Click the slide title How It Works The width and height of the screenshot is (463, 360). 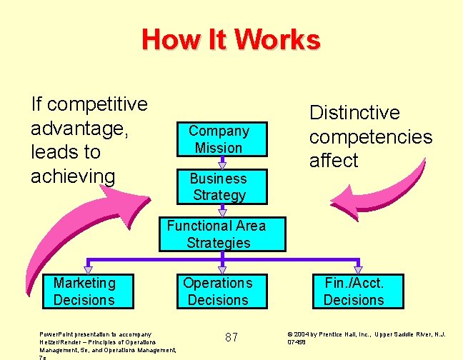(x=231, y=39)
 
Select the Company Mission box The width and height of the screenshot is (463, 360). (x=219, y=139)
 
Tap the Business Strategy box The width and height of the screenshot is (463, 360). (x=219, y=186)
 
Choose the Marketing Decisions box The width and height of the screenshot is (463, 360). (x=84, y=291)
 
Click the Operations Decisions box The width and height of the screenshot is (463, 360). (x=218, y=291)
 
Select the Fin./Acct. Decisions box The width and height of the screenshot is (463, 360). (x=354, y=291)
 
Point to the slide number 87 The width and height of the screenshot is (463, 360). (x=231, y=336)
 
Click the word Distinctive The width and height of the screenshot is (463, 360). (x=354, y=113)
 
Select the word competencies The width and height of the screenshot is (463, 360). (x=371, y=137)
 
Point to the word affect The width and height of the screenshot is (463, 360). (x=334, y=161)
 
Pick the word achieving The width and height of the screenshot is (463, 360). (x=73, y=176)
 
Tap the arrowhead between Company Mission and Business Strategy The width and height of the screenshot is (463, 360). (x=222, y=165)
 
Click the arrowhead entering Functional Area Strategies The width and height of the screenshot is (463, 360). (x=222, y=212)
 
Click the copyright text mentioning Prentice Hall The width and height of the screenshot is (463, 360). (x=367, y=337)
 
